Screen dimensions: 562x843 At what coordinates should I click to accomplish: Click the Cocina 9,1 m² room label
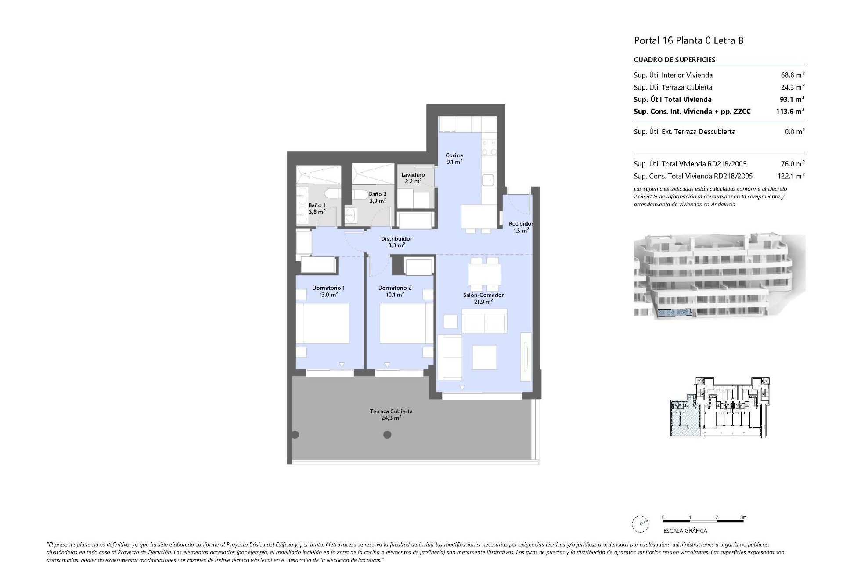point(454,159)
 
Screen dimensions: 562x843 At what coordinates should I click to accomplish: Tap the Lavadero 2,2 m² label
point(413,178)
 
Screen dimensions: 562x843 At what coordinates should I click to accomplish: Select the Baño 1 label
point(317,208)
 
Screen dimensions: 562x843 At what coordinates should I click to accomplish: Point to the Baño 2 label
point(377,197)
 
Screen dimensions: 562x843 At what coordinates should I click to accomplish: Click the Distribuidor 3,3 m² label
point(396,242)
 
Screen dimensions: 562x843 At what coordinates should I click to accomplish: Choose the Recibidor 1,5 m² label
point(521,227)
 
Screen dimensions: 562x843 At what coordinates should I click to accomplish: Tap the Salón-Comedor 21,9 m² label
point(483,298)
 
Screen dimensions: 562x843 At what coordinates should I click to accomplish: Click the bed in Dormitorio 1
point(322,323)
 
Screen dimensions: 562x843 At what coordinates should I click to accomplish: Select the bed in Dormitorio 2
point(403,323)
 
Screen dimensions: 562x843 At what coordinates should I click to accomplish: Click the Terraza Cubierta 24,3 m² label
point(391,414)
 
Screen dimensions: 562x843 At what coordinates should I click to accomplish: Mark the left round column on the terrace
point(295,435)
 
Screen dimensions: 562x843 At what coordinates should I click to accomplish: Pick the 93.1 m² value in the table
point(790,99)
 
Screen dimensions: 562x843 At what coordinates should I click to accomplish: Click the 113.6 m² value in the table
point(790,112)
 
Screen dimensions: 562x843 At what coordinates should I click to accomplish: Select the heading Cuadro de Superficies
point(674,60)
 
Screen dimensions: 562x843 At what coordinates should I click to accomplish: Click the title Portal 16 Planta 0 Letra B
point(688,41)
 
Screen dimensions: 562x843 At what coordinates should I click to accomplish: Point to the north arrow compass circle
point(640,524)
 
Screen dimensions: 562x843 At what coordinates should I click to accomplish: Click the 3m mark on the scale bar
point(743,518)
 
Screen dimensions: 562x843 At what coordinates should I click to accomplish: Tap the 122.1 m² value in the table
point(790,176)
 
